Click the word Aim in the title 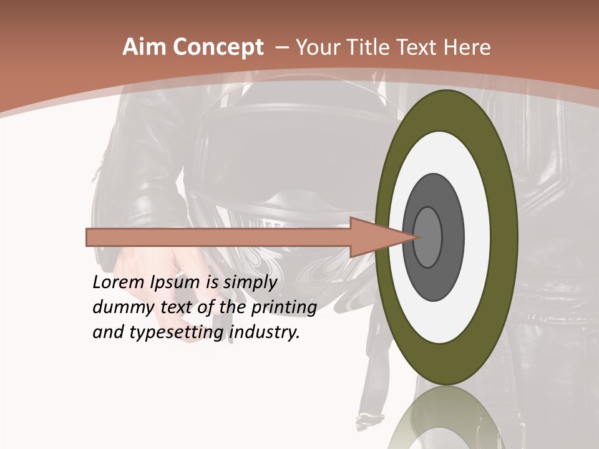click(145, 47)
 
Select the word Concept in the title click(218, 48)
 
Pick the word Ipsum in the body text click(177, 282)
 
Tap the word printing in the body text click(284, 308)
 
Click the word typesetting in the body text click(177, 333)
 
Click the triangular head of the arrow click(374, 237)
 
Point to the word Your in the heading click(315, 47)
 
